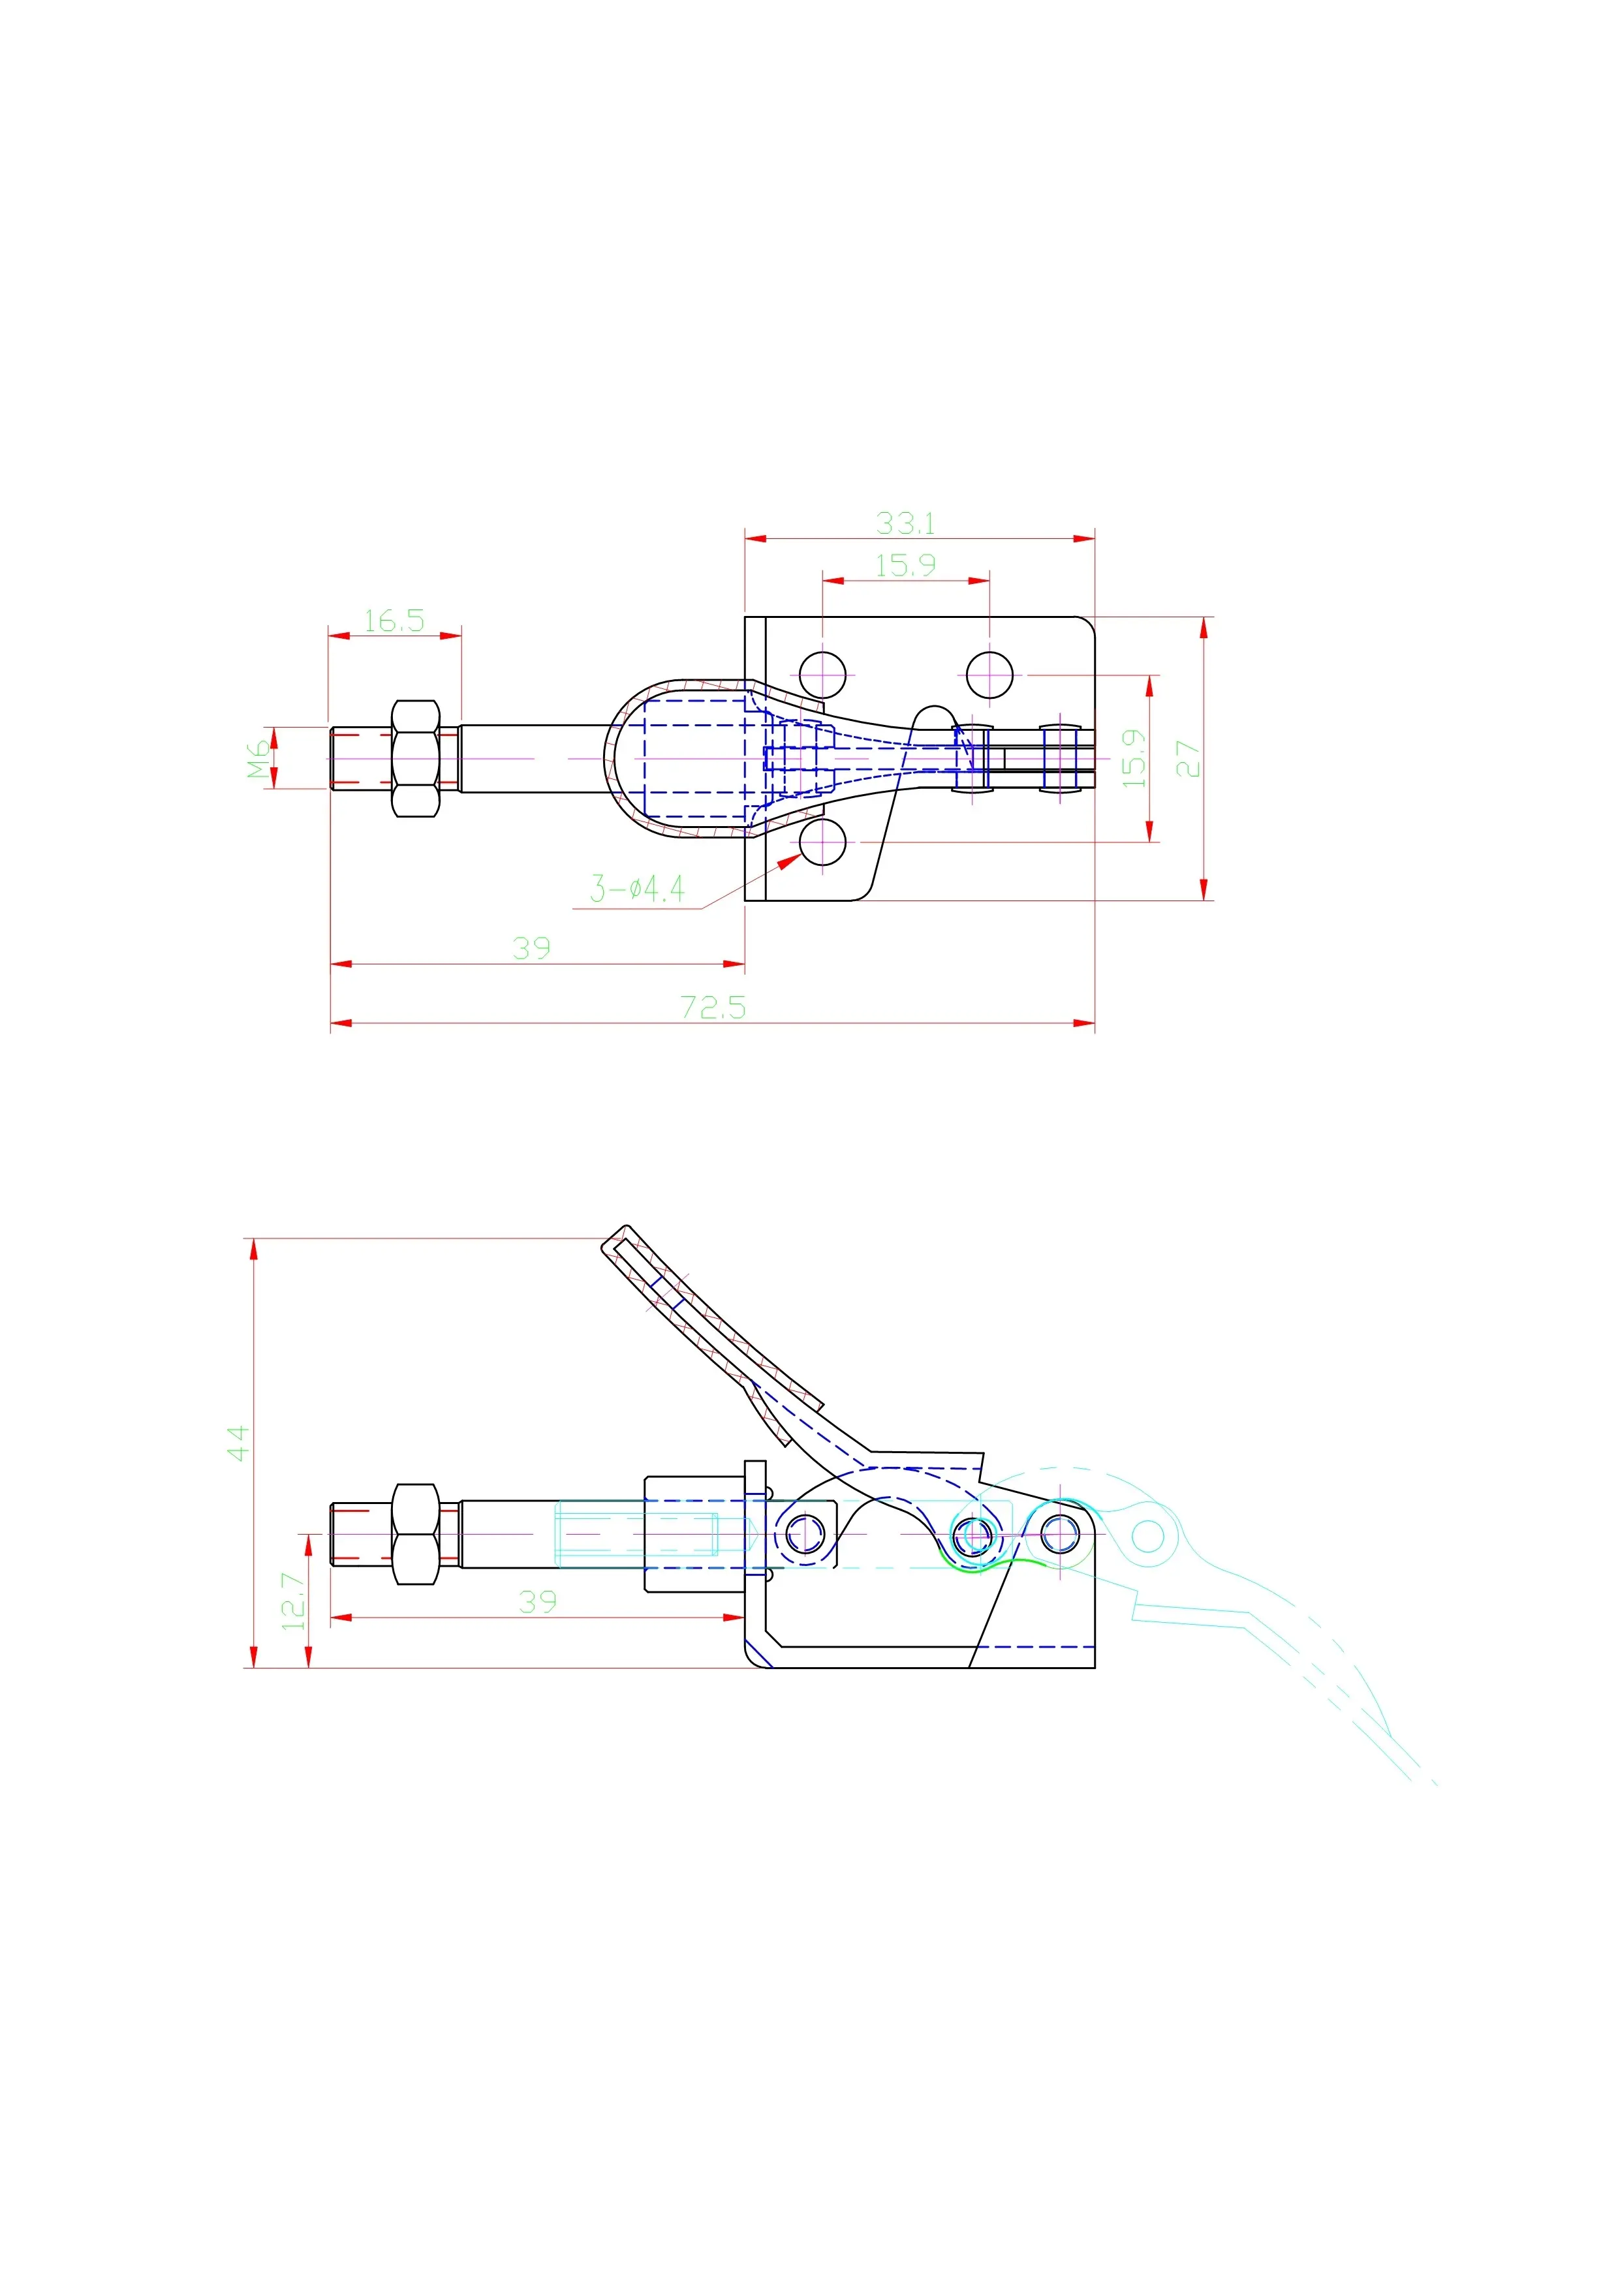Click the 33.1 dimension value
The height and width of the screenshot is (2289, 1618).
click(x=905, y=523)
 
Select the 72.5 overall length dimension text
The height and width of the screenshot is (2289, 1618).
click(x=713, y=1007)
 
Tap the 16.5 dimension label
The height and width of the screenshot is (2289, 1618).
click(x=394, y=620)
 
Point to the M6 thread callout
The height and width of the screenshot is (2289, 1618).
click(x=259, y=758)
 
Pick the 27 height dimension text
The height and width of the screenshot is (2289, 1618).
click(x=1187, y=758)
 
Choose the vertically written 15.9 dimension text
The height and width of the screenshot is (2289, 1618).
click(x=1134, y=758)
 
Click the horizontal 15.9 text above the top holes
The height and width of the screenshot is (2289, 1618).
click(x=905, y=565)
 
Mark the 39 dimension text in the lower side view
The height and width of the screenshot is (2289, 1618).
click(x=537, y=1602)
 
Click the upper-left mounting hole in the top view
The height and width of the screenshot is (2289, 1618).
click(x=822, y=675)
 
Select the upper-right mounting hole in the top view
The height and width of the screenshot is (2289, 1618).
click(x=990, y=675)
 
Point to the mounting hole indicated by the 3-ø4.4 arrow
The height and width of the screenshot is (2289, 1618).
click(x=822, y=842)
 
